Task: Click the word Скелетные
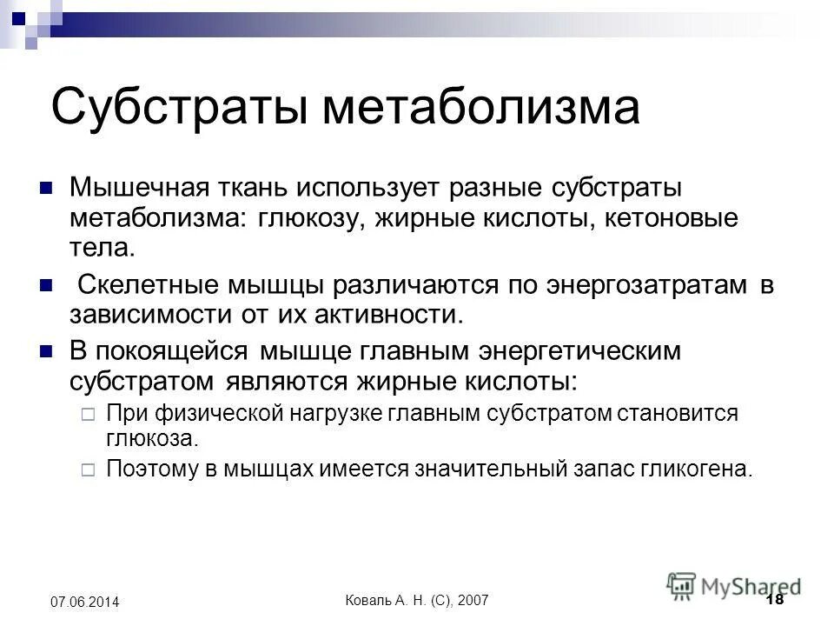tap(149, 284)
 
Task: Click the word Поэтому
tap(145, 469)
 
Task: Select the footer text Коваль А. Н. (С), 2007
tap(417, 602)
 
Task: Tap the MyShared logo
tap(734, 584)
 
